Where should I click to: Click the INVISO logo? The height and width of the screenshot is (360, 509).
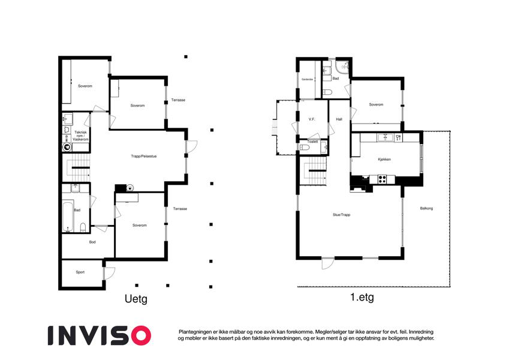click(x=100, y=335)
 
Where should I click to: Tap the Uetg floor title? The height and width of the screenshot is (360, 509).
click(x=136, y=299)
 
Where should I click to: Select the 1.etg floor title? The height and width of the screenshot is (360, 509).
click(x=362, y=297)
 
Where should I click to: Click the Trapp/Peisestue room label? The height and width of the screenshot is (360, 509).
click(x=144, y=156)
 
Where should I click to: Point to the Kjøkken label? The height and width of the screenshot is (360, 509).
click(x=384, y=160)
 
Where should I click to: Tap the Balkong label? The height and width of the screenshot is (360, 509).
click(x=426, y=208)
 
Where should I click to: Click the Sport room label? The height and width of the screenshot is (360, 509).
click(x=80, y=272)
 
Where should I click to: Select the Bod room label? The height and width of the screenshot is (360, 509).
click(x=92, y=242)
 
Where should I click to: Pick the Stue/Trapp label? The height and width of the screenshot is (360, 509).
click(x=342, y=215)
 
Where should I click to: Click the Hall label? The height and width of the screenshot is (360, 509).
click(x=339, y=119)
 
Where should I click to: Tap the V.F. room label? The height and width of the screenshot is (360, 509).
click(x=312, y=119)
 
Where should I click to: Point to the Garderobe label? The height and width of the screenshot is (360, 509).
click(x=307, y=79)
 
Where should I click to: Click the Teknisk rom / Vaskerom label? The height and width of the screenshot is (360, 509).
click(x=80, y=136)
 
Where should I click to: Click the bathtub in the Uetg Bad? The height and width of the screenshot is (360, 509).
click(x=68, y=217)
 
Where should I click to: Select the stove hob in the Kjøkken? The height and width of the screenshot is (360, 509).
click(x=382, y=179)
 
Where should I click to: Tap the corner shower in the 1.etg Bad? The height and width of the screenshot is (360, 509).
click(x=342, y=67)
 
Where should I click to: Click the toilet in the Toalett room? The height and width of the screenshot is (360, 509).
click(x=305, y=148)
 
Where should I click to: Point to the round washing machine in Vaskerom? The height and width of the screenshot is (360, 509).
click(x=67, y=147)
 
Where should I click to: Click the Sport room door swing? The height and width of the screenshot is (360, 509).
click(x=109, y=273)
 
